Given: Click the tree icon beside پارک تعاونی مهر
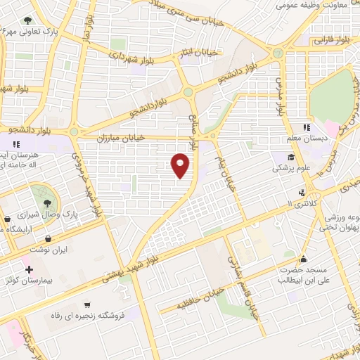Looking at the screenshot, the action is coord(27,20).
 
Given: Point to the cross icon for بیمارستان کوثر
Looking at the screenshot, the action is coord(29,269).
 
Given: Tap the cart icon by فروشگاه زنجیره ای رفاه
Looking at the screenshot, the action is coord(86,305).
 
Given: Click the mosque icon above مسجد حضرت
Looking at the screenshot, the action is coord(302,258).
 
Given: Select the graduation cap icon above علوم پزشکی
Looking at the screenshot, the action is coord(290,157).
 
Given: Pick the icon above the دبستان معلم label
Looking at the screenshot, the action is coord(306,127).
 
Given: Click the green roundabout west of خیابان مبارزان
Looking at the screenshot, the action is coord(74,131).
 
